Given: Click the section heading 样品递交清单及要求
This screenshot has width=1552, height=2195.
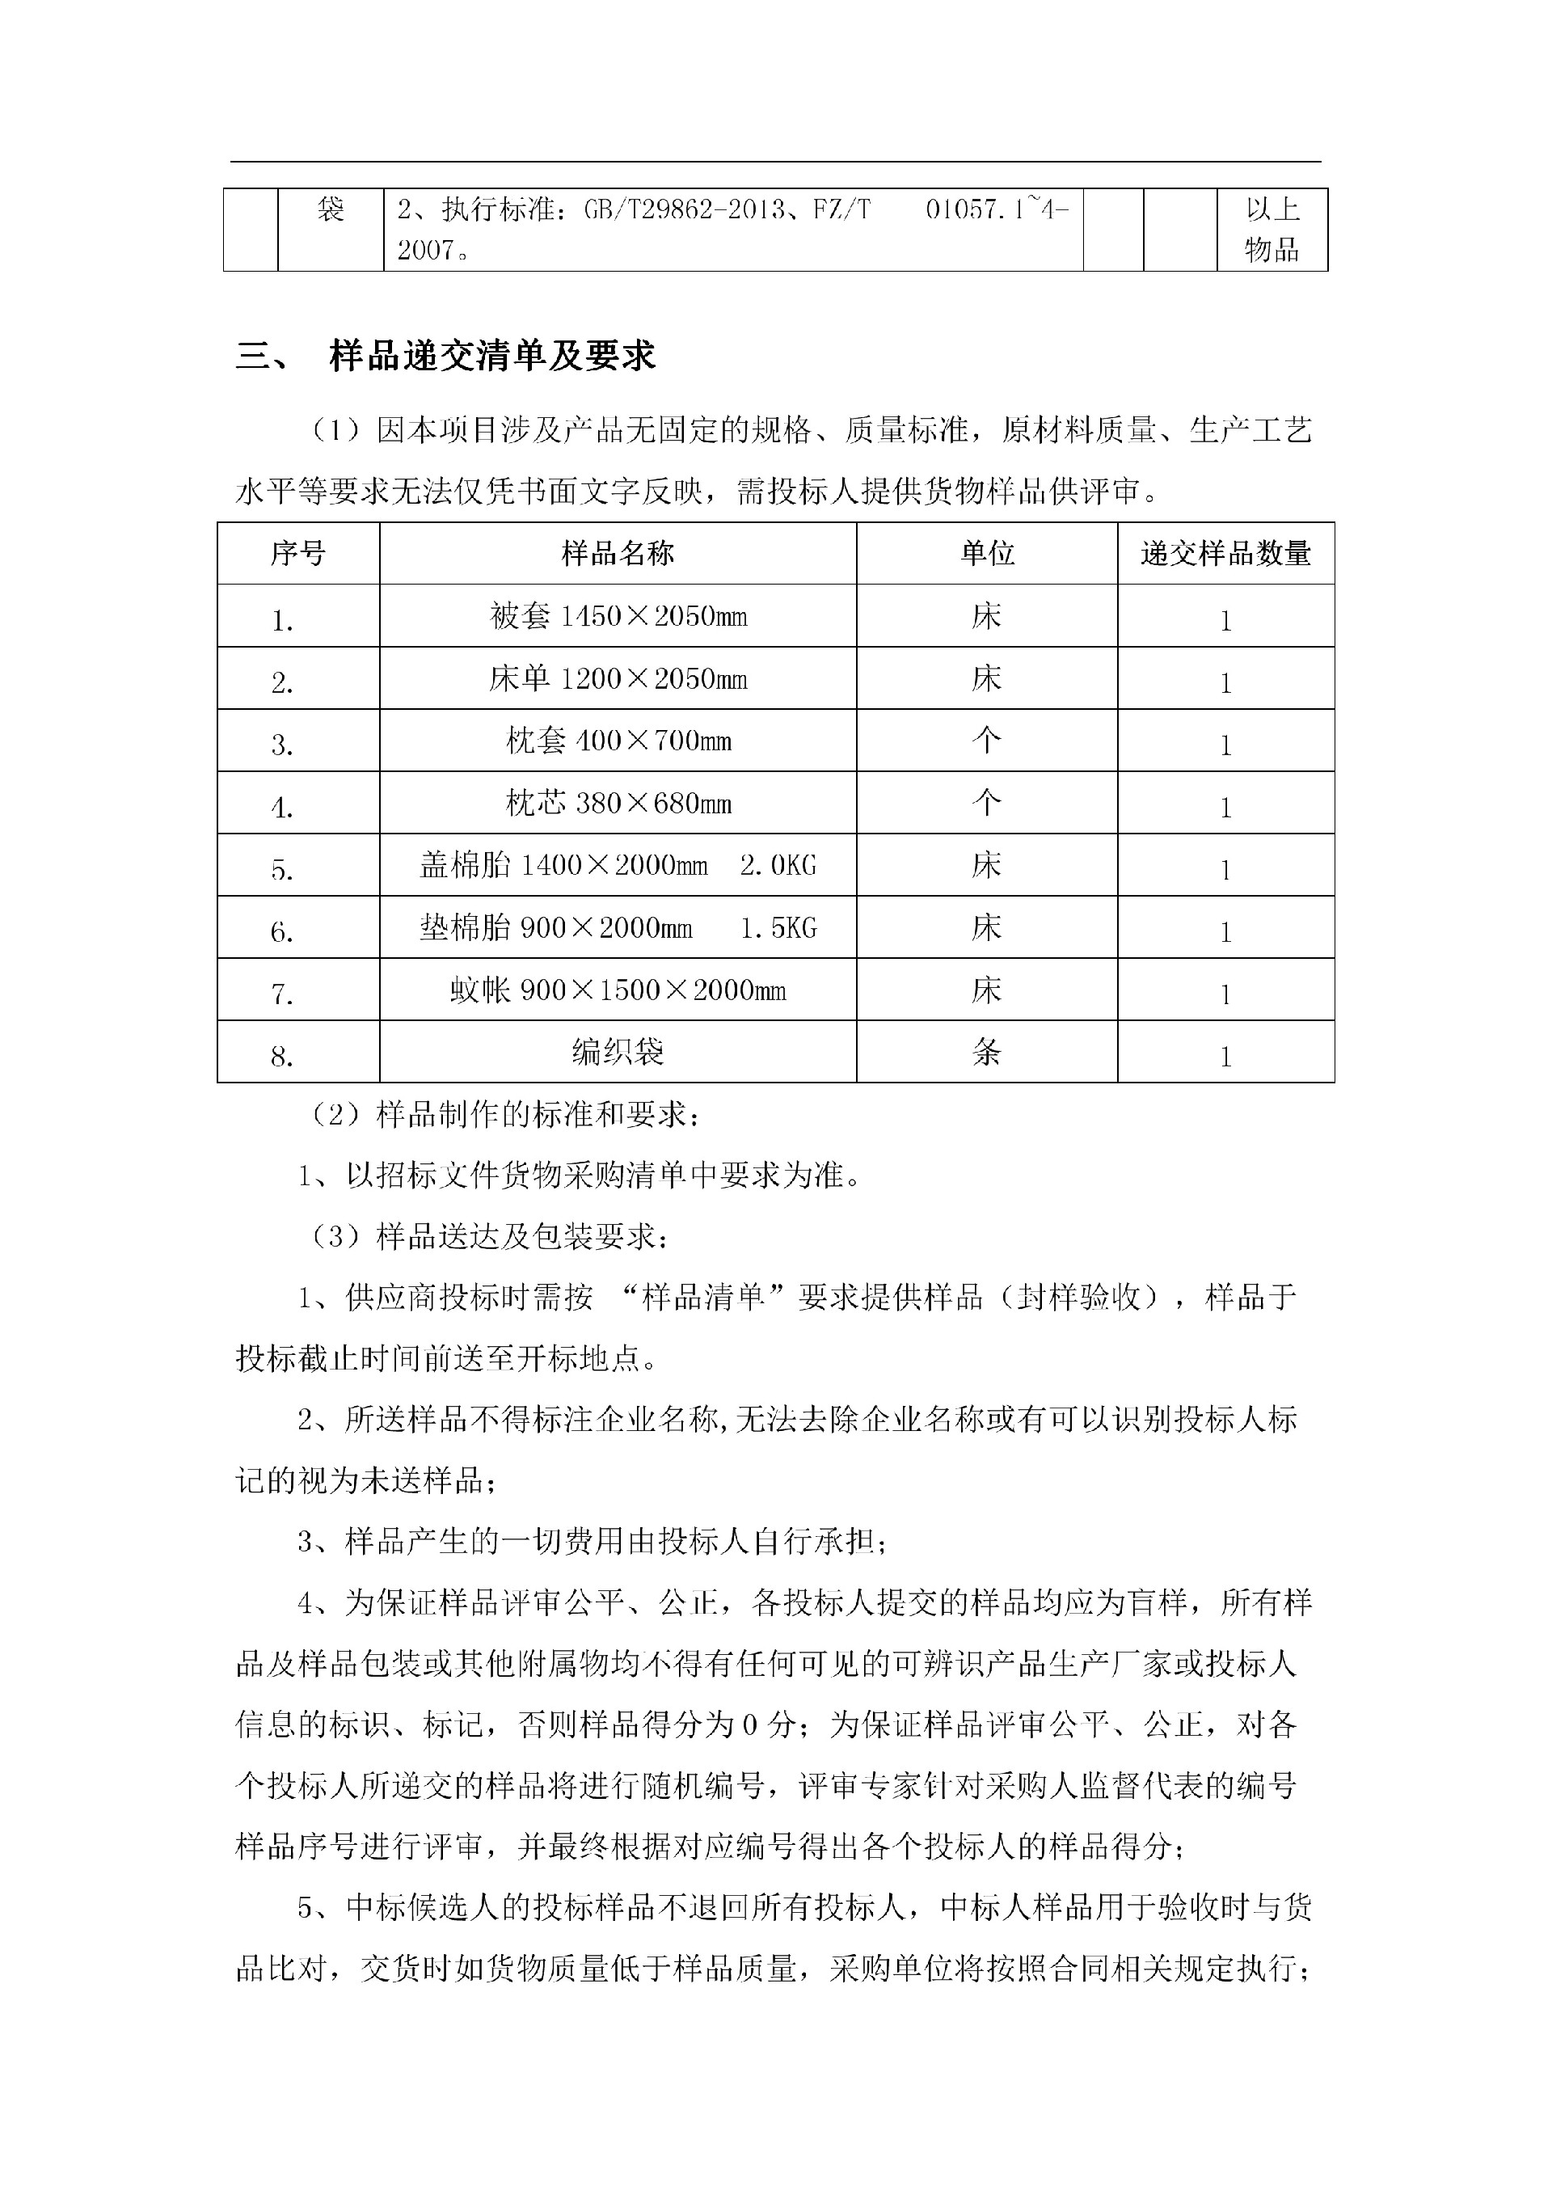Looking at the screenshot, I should point(492,357).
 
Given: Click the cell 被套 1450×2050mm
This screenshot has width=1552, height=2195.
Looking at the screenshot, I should point(618,617).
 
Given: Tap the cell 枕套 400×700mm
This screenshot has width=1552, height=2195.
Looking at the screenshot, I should point(618,741).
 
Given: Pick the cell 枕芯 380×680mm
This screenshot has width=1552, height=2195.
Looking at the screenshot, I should point(618,803).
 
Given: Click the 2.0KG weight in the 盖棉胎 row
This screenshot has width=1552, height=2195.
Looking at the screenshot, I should point(778,866).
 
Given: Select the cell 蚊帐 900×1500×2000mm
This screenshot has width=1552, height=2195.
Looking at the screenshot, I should point(618,990).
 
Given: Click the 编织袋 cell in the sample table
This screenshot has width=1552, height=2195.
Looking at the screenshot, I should point(618,1053).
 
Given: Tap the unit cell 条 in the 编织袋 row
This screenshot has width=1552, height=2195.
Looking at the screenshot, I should point(987,1053).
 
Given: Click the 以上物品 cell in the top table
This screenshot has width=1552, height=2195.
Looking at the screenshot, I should point(1272,230).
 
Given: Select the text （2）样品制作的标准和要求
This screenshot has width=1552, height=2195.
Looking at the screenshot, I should point(507,1115).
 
